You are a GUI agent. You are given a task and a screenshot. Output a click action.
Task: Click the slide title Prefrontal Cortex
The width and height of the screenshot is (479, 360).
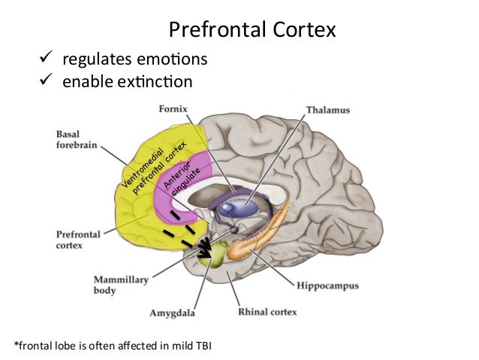point(252,30)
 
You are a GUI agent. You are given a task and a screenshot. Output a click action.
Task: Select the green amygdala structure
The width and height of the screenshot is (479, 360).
point(215,254)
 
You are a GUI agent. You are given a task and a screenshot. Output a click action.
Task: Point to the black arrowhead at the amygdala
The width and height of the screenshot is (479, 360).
point(204,253)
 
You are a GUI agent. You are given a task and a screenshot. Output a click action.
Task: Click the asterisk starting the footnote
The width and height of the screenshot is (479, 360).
point(17,345)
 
